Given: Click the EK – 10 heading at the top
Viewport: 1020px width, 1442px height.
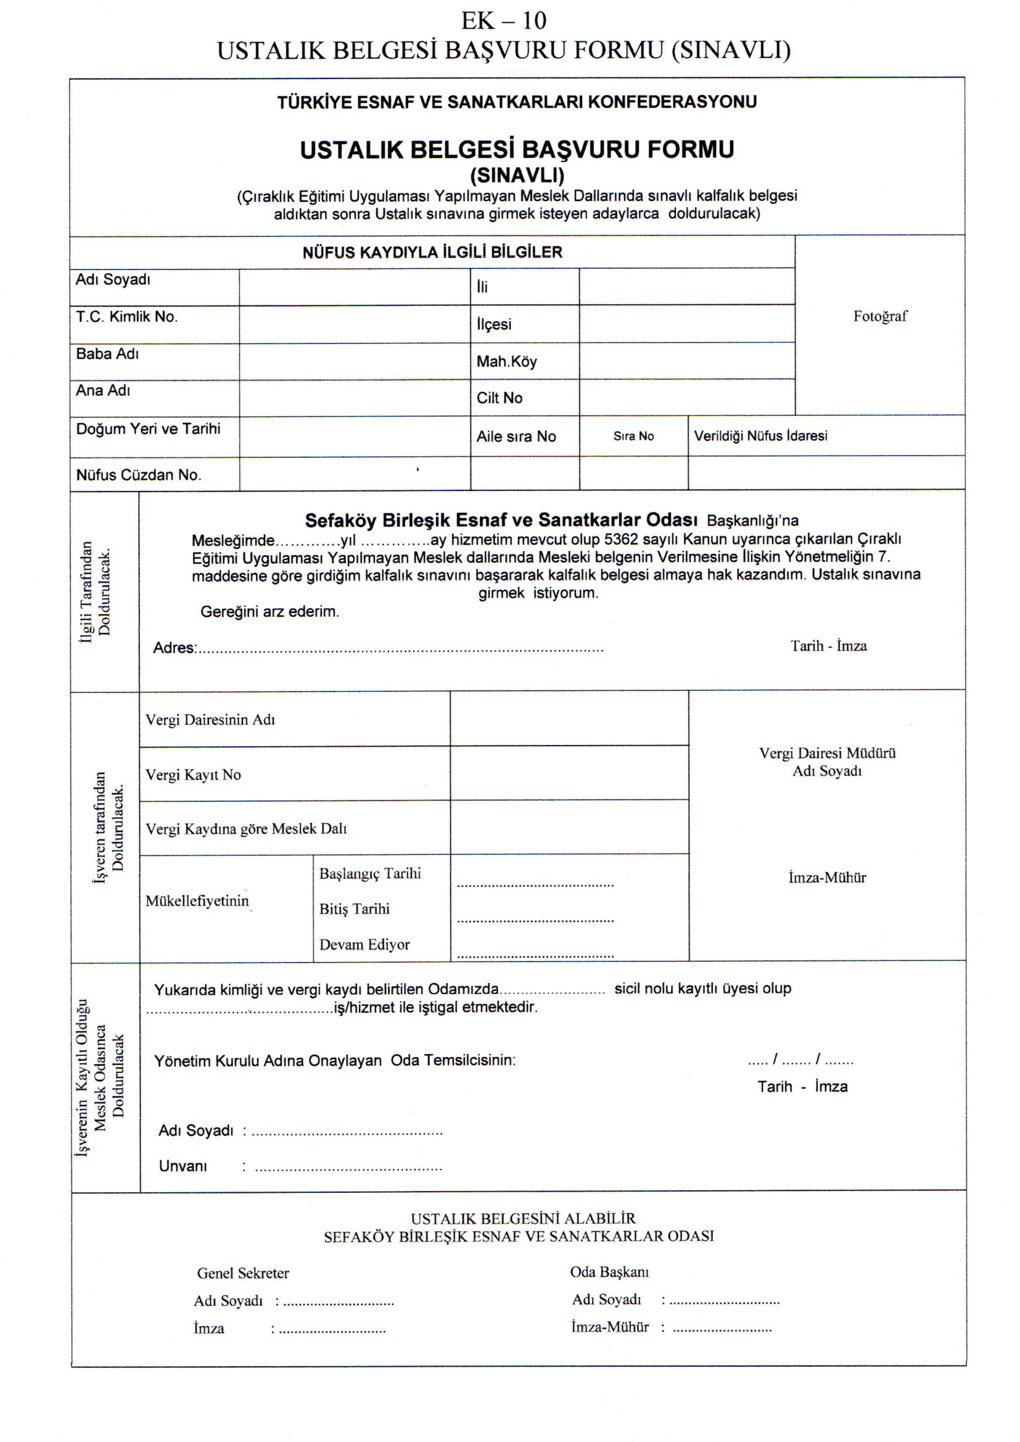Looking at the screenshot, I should pyautogui.click(x=504, y=21).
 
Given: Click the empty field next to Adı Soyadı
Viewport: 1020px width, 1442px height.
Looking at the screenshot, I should pyautogui.click(x=354, y=287).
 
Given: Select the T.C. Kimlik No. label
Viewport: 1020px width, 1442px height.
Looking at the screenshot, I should pyautogui.click(x=127, y=316).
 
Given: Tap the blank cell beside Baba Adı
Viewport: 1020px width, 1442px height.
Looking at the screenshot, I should pyautogui.click(x=354, y=361).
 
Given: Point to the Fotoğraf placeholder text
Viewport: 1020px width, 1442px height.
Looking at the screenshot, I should pyautogui.click(x=880, y=316).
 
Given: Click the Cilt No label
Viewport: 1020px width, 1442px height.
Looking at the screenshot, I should pyautogui.click(x=500, y=398).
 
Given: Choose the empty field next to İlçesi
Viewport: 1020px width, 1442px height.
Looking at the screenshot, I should pyautogui.click(x=686, y=324).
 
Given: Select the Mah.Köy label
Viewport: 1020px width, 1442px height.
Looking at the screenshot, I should pyautogui.click(x=506, y=362).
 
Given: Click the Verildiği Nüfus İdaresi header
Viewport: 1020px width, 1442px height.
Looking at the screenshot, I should pyautogui.click(x=760, y=436).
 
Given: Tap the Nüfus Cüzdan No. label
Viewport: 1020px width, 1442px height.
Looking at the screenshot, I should pyautogui.click(x=139, y=475).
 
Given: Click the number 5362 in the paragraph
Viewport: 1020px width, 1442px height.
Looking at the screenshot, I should pyautogui.click(x=620, y=540).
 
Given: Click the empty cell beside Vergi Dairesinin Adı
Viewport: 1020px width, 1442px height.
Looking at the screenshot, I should pyautogui.click(x=569, y=719).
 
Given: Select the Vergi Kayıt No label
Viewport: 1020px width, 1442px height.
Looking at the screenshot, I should pyautogui.click(x=194, y=775).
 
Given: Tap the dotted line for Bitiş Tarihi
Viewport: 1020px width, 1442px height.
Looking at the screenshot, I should pyautogui.click(x=535, y=921).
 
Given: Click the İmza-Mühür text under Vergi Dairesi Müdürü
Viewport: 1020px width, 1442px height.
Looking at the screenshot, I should pyautogui.click(x=827, y=878).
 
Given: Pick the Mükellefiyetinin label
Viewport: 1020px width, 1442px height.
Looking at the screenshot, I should pyautogui.click(x=197, y=901).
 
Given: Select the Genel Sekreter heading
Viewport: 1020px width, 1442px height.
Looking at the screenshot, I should pyautogui.click(x=243, y=1273).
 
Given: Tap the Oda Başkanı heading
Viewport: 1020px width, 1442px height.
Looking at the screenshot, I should pyautogui.click(x=609, y=1272).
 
